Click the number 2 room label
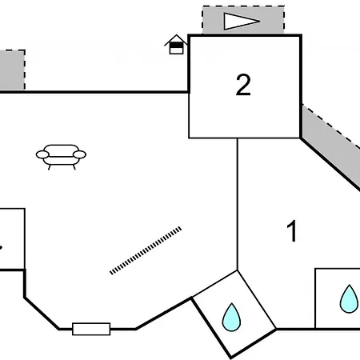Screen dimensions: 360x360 243,85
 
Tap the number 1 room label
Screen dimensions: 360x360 292,231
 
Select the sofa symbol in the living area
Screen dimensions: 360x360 61,157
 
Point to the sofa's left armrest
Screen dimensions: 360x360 42,154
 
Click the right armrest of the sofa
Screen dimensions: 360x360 79,154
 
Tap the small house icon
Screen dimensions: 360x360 176,45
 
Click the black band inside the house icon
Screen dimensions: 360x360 176,45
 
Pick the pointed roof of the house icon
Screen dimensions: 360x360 176,39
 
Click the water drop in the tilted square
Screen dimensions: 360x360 231,318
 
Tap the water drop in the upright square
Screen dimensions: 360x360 349,299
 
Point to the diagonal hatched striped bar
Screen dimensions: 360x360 146,250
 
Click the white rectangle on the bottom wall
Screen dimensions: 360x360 91,329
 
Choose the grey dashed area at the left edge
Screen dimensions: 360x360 12,70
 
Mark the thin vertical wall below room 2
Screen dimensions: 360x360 238,204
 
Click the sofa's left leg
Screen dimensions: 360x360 50,167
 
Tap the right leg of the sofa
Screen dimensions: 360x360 74,167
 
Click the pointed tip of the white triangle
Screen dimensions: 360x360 260,21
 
